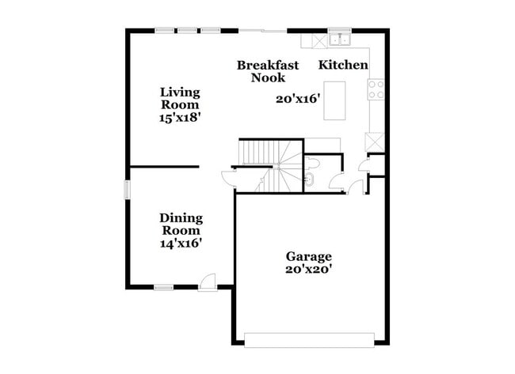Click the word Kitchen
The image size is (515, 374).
pos(343,65)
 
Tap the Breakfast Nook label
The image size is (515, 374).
pos(268,71)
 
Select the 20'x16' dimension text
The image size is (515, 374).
pos(297,99)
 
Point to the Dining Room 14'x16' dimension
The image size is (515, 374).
pos(181,244)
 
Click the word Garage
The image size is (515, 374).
pos(309,257)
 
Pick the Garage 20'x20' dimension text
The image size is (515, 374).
pos(309,269)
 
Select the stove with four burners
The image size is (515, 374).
pos(376,89)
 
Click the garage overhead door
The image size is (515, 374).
pos(309,339)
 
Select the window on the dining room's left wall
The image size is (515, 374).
pos(126,191)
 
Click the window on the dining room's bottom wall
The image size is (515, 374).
pos(165,287)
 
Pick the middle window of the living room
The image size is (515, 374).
pos(188,31)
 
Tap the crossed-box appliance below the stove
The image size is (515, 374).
pos(374,142)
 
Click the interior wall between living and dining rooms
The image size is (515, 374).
pos(164,167)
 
